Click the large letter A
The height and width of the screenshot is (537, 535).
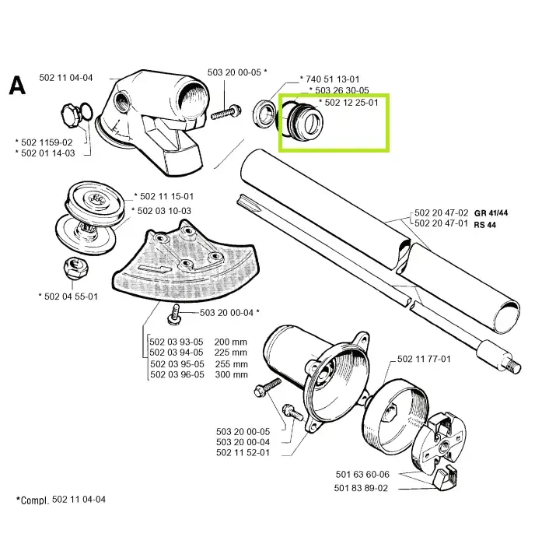click(17, 86)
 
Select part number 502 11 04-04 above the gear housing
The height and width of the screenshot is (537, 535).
click(66, 78)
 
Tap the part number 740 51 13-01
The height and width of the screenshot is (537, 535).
click(332, 79)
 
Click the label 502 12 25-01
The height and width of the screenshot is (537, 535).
click(351, 103)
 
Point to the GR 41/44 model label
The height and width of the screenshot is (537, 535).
click(491, 213)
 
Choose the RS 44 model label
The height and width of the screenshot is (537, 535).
click(484, 225)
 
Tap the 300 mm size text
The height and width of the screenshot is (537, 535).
click(231, 374)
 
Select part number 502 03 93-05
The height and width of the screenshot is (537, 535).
click(177, 342)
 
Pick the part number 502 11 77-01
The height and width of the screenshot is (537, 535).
click(424, 359)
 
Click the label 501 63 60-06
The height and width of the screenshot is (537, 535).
click(362, 474)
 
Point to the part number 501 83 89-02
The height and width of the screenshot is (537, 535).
click(361, 488)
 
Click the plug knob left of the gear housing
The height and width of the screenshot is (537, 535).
click(71, 116)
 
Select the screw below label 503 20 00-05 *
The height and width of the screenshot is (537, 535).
click(226, 112)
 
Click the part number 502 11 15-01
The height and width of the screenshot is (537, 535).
click(166, 197)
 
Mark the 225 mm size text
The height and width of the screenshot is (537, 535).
click(230, 353)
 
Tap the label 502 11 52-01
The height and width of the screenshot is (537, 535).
click(243, 453)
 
